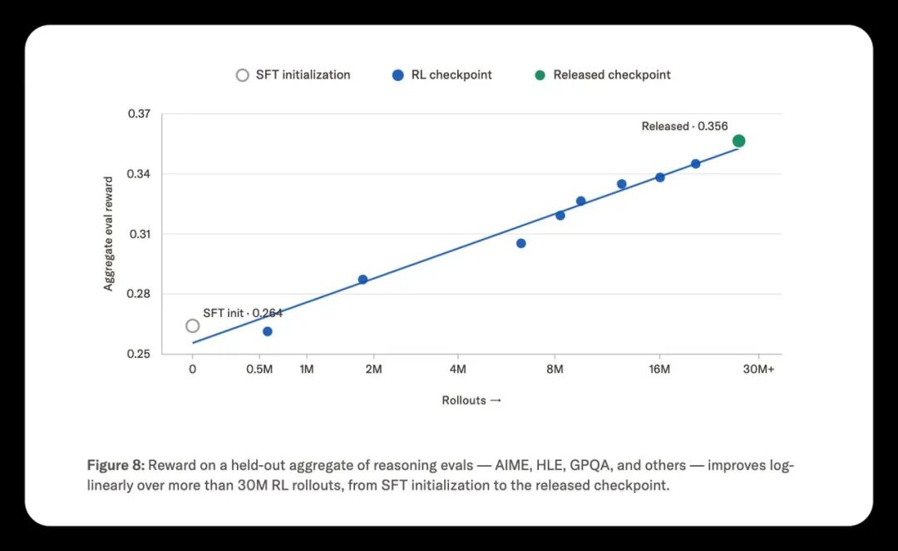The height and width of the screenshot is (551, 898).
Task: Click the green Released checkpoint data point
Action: point(739,141)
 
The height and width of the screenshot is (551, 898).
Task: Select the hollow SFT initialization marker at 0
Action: point(192,325)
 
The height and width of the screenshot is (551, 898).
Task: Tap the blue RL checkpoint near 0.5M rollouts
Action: point(268,331)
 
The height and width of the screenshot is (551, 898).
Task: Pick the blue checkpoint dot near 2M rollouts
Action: point(363,280)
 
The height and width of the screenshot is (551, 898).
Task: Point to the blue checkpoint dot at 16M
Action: point(659,178)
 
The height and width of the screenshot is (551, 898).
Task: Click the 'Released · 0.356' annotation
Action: point(684,127)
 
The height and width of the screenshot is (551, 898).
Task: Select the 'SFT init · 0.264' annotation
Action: point(243,313)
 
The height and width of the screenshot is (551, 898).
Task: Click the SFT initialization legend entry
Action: point(293,75)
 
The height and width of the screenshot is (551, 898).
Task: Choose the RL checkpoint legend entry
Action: point(442,75)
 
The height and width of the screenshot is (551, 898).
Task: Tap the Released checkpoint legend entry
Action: point(603,75)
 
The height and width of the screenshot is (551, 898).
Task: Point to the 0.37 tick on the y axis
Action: point(139,113)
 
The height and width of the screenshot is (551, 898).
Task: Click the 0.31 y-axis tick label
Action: point(139,234)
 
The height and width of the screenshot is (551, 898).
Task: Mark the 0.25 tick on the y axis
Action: point(139,354)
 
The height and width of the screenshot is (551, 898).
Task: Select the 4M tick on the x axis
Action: point(457,370)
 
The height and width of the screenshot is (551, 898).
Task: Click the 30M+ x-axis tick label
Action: point(759,370)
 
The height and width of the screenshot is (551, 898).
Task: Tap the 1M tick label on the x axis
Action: point(306,370)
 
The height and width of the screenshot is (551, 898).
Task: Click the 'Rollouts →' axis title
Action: point(471,400)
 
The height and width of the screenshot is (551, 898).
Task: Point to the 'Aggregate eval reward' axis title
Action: point(108,234)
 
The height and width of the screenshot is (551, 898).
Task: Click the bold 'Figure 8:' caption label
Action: point(116,465)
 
